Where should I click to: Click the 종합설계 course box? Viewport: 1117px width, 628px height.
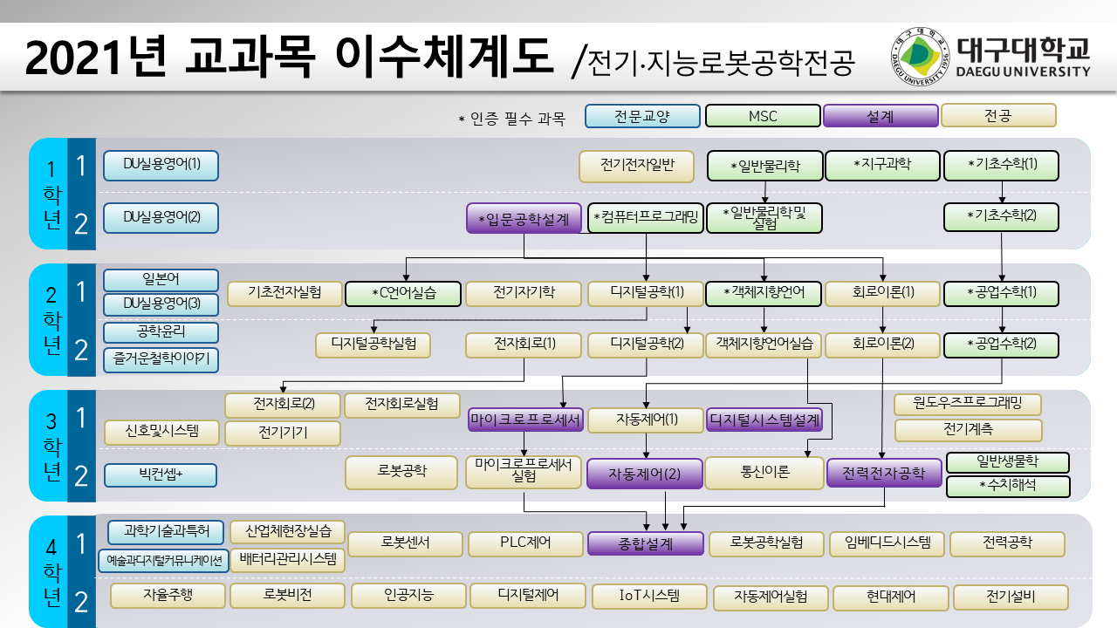645,543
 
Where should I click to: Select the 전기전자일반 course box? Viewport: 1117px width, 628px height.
636,166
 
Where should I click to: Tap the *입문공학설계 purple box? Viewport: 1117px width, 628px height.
524,219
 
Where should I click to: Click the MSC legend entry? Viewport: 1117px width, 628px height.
763,116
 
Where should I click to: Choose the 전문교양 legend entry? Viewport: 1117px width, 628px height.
642,116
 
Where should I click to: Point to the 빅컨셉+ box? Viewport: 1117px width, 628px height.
161,475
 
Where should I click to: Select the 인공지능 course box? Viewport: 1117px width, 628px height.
408,596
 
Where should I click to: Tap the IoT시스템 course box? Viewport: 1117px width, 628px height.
649,597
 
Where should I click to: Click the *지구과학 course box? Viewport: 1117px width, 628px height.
882,165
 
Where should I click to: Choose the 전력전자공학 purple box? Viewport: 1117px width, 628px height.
884,473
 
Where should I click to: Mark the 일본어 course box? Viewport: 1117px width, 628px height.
161,280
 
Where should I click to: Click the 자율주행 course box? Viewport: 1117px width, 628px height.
168,596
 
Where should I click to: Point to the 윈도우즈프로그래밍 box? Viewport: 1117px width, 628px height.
968,404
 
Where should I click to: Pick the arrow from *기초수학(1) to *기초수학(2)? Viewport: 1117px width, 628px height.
1002,192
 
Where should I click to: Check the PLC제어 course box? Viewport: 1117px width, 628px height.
525,543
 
